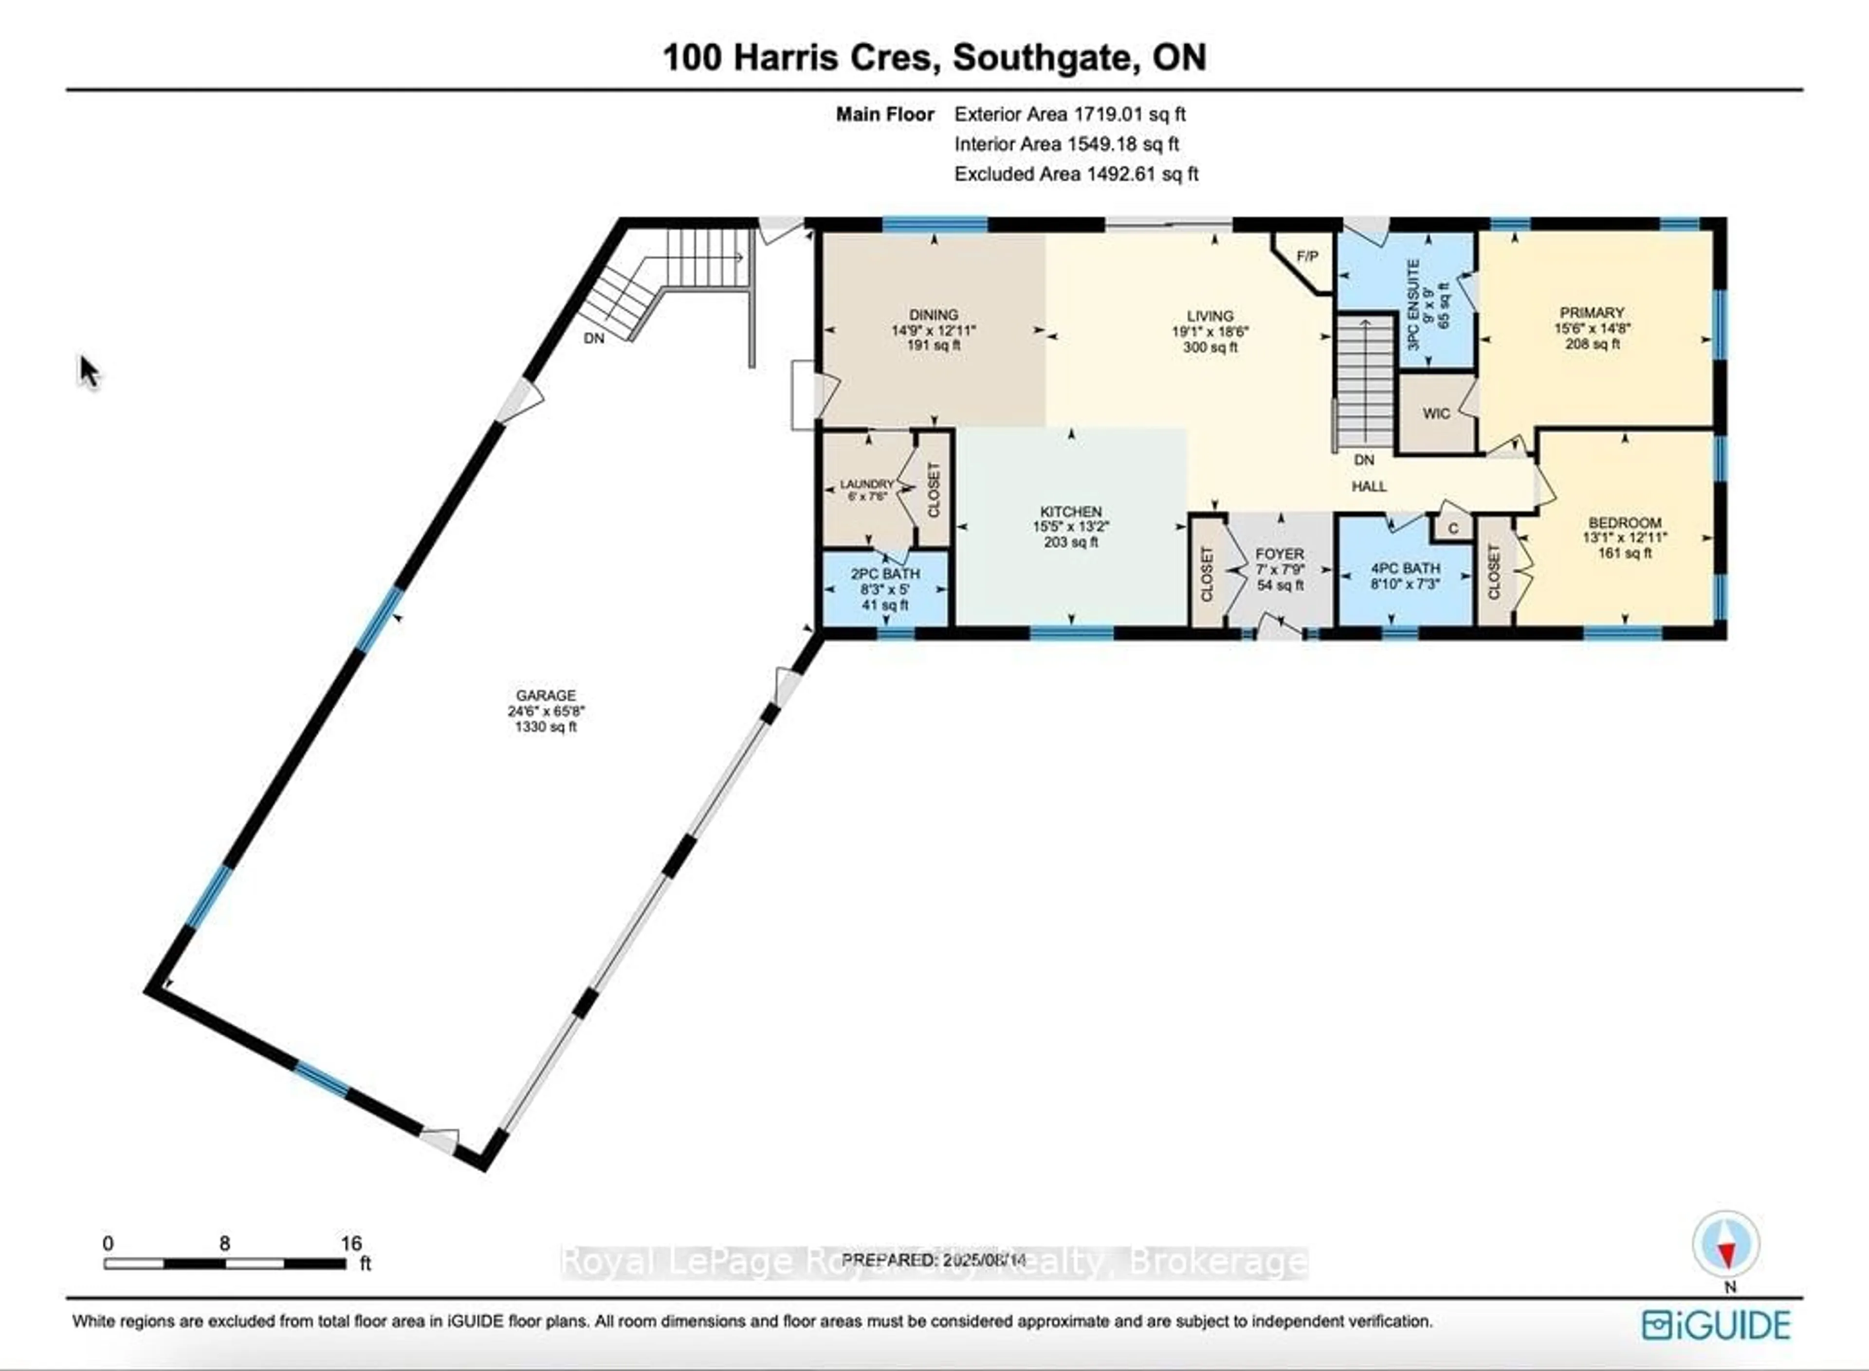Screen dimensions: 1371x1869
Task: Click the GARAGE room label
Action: (546, 695)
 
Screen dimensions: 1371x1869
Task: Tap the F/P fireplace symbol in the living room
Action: (1307, 256)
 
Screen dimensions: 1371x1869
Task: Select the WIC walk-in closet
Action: (1436, 413)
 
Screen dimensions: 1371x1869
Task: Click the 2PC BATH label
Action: (885, 573)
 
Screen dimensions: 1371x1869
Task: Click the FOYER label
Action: (1280, 553)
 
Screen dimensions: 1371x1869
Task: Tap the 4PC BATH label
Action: (1405, 569)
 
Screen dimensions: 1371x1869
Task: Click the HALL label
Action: (1368, 486)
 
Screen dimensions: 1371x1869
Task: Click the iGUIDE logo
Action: (1715, 1325)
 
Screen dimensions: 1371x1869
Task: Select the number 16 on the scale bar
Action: (351, 1243)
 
